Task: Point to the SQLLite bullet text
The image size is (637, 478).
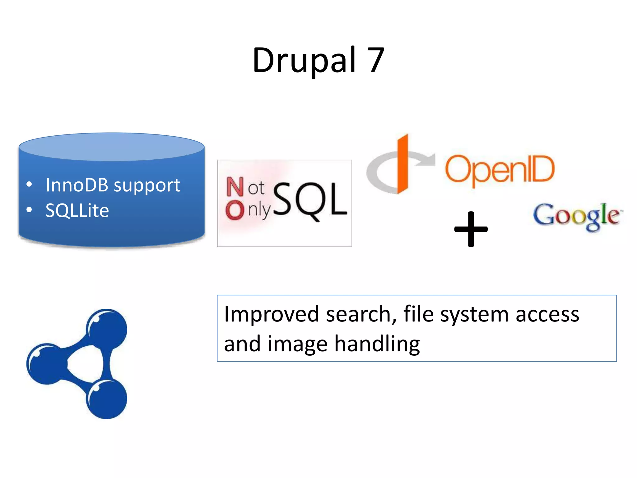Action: pos(77,210)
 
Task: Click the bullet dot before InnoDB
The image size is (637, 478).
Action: pos(29,185)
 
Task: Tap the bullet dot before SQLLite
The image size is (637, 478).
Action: pos(29,210)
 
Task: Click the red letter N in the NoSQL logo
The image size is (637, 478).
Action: pos(235,187)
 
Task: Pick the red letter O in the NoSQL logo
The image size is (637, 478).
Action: pos(235,210)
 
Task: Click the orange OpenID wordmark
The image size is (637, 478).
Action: pos(500,170)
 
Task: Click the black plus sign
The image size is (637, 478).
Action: pos(471,229)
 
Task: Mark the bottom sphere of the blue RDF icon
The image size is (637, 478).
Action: pos(107,399)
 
